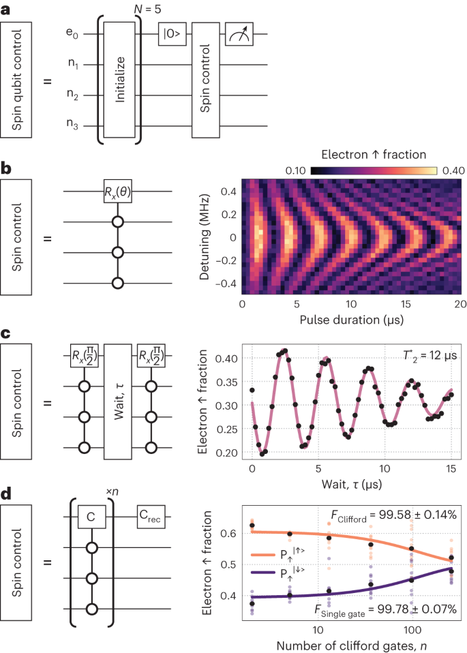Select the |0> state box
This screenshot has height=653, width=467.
[x=172, y=33]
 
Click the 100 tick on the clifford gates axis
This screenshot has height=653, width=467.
[x=411, y=625]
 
